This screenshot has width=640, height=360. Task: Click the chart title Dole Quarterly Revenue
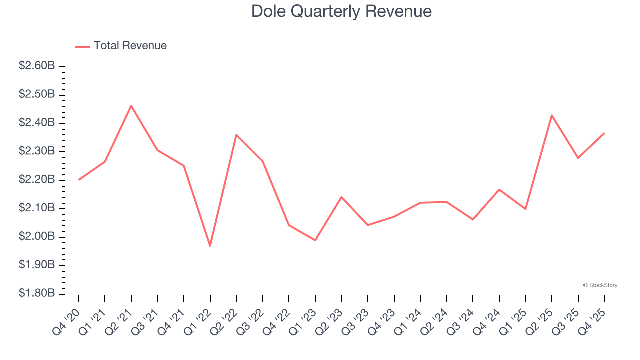tap(341, 11)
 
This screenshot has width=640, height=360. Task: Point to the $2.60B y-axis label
tap(37, 66)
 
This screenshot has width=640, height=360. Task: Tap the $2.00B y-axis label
tap(37, 236)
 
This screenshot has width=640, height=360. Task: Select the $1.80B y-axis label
tap(37, 293)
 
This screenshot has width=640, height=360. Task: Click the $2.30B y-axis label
tap(37, 151)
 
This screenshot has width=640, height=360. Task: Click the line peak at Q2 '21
tap(131, 105)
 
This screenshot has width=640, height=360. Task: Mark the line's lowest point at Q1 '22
tap(210, 246)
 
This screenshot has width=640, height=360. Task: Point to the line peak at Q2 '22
tap(236, 135)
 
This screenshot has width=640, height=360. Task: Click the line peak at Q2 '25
tap(552, 115)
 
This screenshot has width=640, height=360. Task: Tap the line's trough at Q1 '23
tap(315, 240)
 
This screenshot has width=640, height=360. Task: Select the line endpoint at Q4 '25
tap(604, 133)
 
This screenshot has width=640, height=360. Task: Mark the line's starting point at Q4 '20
tap(79, 180)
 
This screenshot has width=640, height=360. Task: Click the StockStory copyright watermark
tap(600, 285)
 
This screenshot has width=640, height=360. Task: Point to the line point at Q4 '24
tap(499, 189)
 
